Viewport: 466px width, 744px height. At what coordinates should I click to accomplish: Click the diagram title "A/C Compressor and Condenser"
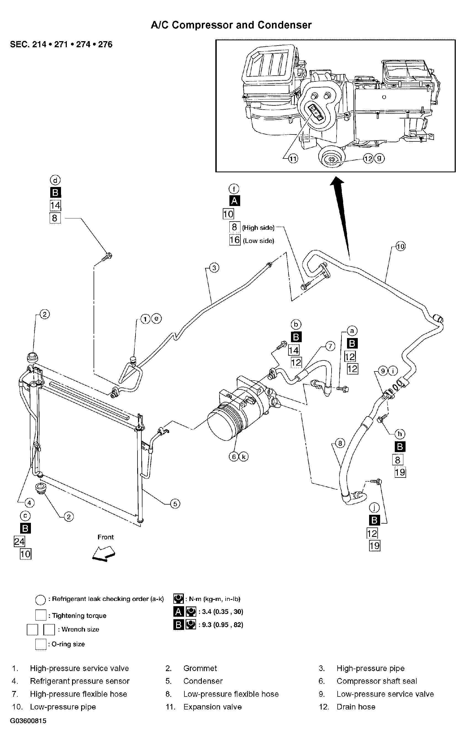point(231,25)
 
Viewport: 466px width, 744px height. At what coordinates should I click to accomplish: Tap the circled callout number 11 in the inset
point(293,159)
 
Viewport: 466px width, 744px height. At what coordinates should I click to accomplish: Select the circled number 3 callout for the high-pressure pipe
point(214,268)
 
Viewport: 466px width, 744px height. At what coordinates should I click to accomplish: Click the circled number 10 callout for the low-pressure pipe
point(400,246)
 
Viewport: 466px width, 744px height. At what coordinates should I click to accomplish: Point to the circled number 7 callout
point(330,346)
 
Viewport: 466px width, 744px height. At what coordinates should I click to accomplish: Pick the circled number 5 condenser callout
point(175,504)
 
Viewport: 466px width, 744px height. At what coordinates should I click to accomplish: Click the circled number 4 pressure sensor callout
point(29,503)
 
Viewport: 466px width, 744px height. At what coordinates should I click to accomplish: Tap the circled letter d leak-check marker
point(55,180)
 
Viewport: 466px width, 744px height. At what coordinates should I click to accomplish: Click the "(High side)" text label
point(258,228)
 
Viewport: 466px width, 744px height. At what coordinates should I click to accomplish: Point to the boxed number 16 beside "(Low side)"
point(235,240)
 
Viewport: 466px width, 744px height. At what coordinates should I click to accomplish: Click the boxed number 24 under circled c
point(19,542)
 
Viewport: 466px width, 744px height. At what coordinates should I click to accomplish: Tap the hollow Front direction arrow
point(104,553)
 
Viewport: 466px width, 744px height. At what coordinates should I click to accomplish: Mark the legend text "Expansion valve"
point(212,707)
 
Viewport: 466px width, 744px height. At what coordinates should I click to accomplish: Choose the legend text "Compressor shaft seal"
point(377,681)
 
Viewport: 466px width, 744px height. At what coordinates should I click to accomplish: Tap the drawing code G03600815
point(28,721)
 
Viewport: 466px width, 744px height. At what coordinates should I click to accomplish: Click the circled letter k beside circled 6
point(243,457)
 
